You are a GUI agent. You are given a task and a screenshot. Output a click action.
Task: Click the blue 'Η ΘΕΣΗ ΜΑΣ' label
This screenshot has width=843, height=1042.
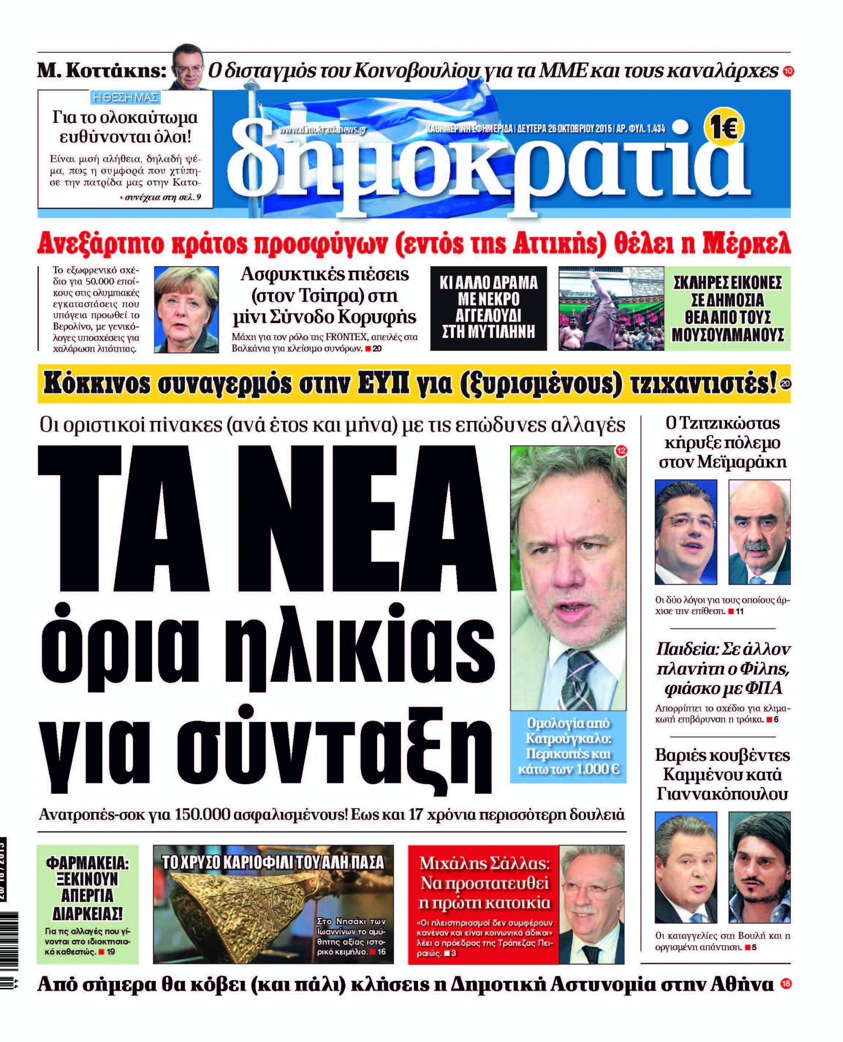point(125,97)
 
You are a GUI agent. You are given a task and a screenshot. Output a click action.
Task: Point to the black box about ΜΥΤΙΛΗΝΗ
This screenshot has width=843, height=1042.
point(489,308)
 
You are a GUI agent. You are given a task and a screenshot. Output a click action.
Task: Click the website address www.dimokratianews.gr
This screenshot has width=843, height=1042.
point(322,129)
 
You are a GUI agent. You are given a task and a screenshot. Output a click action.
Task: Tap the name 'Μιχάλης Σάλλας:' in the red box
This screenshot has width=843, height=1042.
point(484,864)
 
